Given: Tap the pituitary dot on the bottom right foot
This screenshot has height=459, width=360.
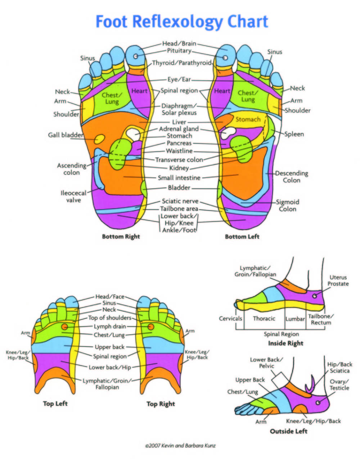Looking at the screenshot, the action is pyautogui.click(x=136, y=56).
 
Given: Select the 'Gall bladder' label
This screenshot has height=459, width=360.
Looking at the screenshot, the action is pyautogui.click(x=66, y=135).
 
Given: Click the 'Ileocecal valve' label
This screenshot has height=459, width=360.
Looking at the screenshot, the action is pyautogui.click(x=73, y=197).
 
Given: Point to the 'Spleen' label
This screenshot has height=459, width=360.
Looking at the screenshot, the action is pyautogui.click(x=294, y=134).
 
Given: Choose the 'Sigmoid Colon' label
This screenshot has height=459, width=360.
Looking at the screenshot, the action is pyautogui.click(x=288, y=206).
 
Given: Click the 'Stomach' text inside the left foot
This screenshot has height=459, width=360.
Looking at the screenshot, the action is pyautogui.click(x=248, y=120).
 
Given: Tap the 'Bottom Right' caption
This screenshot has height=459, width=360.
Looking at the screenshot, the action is pyautogui.click(x=121, y=237).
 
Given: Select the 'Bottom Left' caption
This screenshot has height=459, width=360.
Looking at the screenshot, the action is pyautogui.click(x=242, y=237).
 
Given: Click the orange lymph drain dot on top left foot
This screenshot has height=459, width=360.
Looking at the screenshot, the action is pyautogui.click(x=64, y=327).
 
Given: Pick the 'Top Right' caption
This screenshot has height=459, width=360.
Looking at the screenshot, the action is pyautogui.click(x=161, y=404).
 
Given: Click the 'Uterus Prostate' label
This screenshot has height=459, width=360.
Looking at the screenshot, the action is pyautogui.click(x=338, y=280).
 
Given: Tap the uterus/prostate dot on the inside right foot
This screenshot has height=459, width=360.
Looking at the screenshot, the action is pyautogui.click(x=315, y=296).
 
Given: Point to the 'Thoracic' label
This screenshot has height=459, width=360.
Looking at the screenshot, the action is pyautogui.click(x=264, y=318).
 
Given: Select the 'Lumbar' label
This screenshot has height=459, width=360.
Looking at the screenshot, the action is pyautogui.click(x=295, y=319).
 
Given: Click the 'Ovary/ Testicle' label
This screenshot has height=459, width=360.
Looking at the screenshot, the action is pyautogui.click(x=339, y=384).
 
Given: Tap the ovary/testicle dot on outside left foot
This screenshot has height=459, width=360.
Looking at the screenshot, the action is pyautogui.click(x=318, y=402).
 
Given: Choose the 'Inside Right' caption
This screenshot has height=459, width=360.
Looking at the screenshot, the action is pyautogui.click(x=285, y=343).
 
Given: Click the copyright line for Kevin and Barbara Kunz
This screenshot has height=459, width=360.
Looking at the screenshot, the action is pyautogui.click(x=180, y=446).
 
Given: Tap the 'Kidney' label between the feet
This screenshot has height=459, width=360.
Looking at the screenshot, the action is pyautogui.click(x=179, y=168).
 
